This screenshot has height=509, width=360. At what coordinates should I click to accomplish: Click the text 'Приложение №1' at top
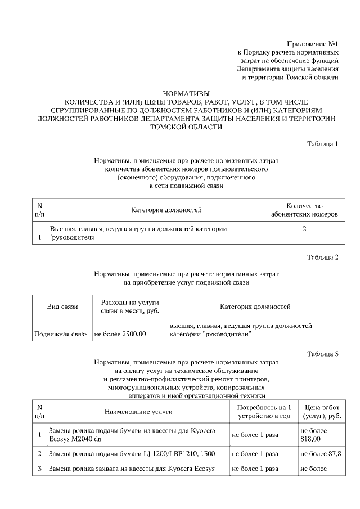click(312, 43)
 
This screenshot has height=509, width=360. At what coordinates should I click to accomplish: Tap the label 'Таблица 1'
click(322, 144)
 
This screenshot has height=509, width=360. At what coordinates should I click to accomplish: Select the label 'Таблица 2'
click(322, 258)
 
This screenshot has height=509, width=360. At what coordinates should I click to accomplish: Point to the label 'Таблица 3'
click(322, 354)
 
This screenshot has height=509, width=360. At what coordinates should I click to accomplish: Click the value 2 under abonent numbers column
click(304, 229)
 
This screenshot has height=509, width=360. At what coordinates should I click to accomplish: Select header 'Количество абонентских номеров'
click(304, 210)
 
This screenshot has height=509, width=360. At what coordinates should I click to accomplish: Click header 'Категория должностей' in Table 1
click(166, 210)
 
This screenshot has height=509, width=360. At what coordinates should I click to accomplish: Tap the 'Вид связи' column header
click(62, 307)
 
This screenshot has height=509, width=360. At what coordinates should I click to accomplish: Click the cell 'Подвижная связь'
click(61, 334)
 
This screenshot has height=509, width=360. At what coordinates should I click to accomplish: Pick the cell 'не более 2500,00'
click(120, 334)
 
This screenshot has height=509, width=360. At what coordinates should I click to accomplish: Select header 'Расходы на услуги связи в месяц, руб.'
click(129, 307)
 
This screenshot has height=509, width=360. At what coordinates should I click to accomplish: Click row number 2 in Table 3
click(39, 453)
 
